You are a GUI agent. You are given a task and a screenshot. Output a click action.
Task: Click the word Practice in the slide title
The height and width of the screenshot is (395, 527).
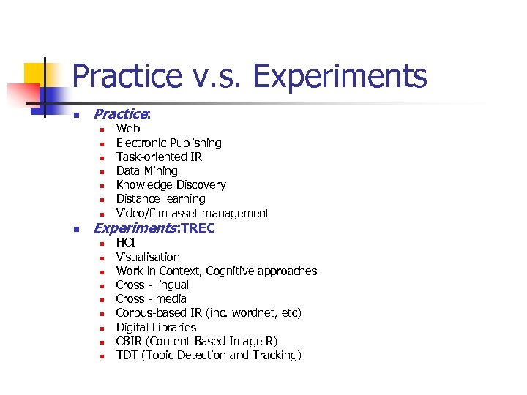pos(127,76)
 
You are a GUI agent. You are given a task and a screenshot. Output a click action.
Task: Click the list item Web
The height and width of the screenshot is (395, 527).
pos(128,129)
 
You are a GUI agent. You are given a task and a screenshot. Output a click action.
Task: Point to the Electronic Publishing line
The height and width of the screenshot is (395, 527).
pos(168,143)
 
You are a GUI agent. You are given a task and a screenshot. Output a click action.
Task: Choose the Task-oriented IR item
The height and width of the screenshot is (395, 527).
pos(159,157)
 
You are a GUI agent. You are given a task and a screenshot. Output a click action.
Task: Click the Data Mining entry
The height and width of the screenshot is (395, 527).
pos(146,170)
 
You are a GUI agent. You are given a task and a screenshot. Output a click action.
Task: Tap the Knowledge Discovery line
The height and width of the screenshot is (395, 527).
pos(171,184)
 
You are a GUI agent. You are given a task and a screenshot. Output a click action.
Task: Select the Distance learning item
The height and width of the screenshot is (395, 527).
pos(160,198)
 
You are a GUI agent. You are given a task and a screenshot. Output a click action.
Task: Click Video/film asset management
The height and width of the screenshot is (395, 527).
pos(193,213)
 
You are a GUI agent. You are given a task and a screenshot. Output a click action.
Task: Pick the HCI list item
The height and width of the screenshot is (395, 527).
pos(126,242)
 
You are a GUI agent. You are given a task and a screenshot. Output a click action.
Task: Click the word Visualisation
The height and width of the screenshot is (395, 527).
pos(148,257)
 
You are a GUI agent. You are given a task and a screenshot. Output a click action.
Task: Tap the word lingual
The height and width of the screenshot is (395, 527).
pos(172,285)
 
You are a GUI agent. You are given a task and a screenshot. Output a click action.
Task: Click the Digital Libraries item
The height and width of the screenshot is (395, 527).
pos(156,327)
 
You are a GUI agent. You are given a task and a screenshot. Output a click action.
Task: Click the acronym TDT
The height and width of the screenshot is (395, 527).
pos(127,355)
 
